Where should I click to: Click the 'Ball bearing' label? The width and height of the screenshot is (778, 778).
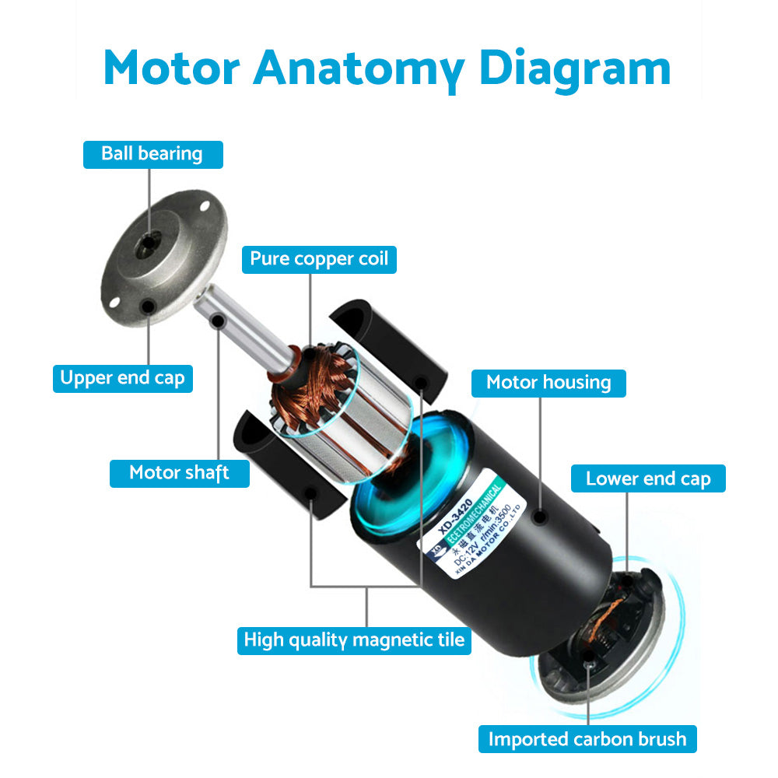(152, 154)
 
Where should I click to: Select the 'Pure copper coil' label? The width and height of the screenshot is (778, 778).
(319, 258)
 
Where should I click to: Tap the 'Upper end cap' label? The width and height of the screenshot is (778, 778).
(123, 379)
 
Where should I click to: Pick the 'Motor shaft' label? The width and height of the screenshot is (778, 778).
(179, 473)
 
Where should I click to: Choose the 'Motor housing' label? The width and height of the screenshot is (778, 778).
(548, 383)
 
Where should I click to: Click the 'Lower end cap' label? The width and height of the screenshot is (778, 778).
(648, 478)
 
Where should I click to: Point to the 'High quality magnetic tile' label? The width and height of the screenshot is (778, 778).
(354, 640)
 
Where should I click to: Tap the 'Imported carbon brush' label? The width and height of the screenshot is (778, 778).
(587, 738)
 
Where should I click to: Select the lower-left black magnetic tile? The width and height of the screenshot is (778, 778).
(288, 467)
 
